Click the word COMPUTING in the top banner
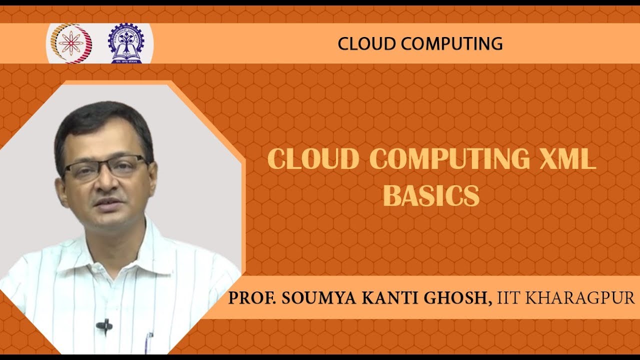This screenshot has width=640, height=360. [x=449, y=43]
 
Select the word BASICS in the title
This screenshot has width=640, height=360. [x=431, y=195]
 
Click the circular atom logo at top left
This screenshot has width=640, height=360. [x=69, y=43]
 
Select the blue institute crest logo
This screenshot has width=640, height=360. [x=125, y=43]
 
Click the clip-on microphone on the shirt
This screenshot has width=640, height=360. [x=103, y=326]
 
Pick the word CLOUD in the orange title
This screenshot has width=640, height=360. [x=313, y=159]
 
